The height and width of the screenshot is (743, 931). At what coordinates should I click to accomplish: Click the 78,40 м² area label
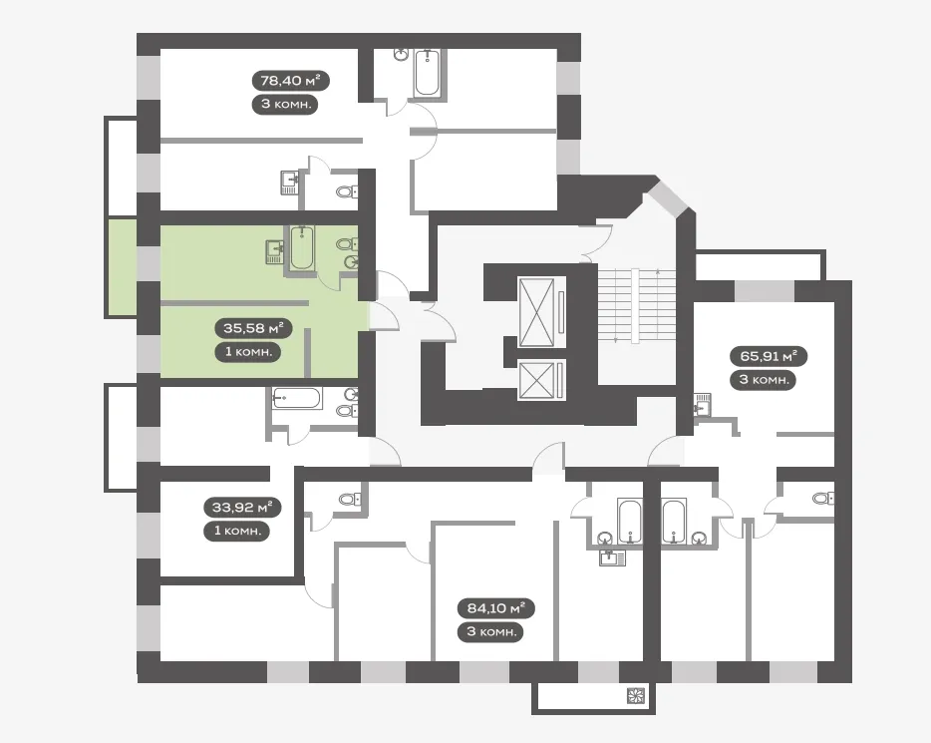click(290, 80)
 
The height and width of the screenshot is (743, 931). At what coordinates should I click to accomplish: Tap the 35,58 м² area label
click(253, 327)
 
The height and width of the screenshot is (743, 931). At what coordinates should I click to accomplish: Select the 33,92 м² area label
click(242, 508)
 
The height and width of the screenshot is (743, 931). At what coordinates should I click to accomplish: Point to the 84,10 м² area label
click(496, 608)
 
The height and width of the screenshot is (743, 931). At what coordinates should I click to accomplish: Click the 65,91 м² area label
click(769, 356)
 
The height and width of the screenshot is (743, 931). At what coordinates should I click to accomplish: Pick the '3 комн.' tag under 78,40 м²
click(286, 104)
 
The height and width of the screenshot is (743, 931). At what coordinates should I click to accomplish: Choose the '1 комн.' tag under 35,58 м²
click(248, 352)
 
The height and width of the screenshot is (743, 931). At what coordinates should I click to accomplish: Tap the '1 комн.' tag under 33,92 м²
click(237, 531)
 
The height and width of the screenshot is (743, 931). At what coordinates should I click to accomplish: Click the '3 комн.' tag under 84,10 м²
click(491, 631)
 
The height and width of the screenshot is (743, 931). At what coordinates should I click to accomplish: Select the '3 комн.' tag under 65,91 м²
click(764, 380)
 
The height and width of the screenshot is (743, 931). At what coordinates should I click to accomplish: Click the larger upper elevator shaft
click(536, 312)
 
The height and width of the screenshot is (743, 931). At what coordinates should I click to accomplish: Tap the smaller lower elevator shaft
click(536, 380)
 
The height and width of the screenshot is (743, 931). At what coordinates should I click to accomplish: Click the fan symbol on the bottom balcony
click(636, 696)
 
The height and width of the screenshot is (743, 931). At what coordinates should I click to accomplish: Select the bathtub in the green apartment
click(302, 248)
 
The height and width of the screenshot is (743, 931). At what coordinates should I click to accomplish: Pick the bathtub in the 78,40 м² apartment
click(428, 73)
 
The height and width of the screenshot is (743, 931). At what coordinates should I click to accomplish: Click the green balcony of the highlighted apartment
click(123, 268)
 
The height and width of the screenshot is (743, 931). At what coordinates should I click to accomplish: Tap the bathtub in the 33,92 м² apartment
click(297, 398)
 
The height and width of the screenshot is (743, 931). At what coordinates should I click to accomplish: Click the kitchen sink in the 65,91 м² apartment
click(702, 405)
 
